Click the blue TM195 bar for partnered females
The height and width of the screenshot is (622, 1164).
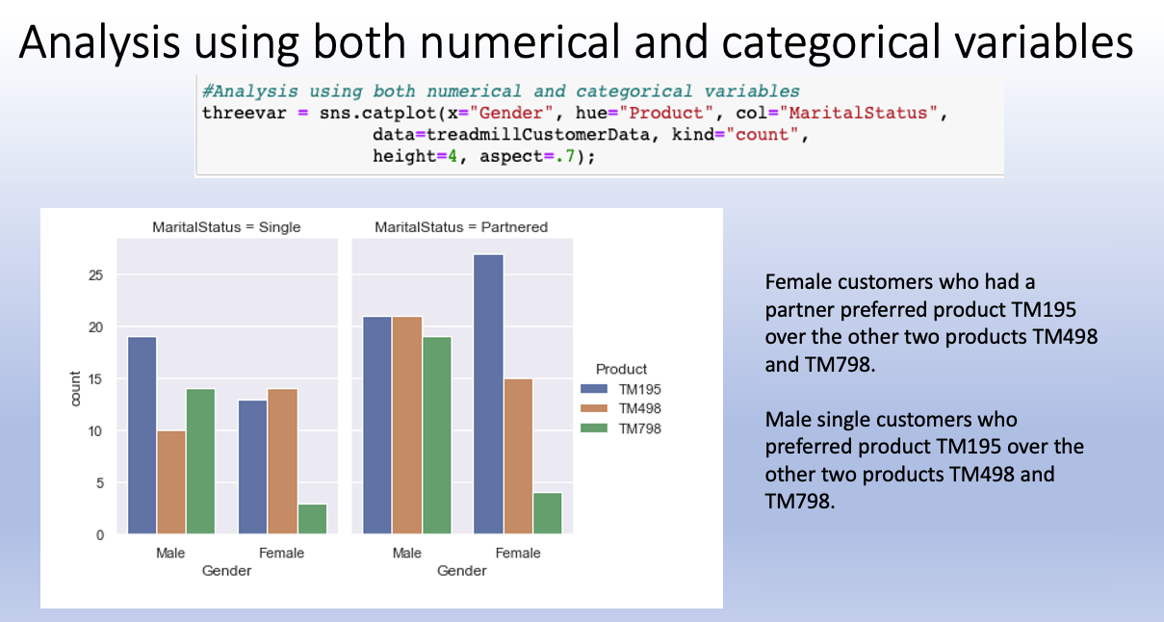pyautogui.click(x=488, y=394)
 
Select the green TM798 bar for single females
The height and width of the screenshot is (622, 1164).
pyautogui.click(x=312, y=518)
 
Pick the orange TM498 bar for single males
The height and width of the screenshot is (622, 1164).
pyautogui.click(x=171, y=481)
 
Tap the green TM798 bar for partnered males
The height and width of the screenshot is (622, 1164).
pyautogui.click(x=436, y=434)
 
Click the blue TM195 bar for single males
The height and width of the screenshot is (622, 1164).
pyautogui.click(x=142, y=434)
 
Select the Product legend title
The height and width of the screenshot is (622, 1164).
pyautogui.click(x=621, y=369)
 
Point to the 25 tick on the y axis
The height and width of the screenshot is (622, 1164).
pyautogui.click(x=94, y=275)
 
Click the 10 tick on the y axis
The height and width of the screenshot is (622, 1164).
pyautogui.click(x=94, y=430)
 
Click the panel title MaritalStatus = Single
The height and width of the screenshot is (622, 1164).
pyautogui.click(x=226, y=227)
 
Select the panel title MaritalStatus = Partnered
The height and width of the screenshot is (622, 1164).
pyautogui.click(x=461, y=227)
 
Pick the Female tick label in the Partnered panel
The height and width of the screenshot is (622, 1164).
pyautogui.click(x=518, y=553)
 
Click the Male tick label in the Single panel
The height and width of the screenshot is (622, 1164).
pyautogui.click(x=170, y=553)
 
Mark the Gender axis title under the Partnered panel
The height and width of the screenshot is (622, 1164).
pyautogui.click(x=461, y=571)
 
